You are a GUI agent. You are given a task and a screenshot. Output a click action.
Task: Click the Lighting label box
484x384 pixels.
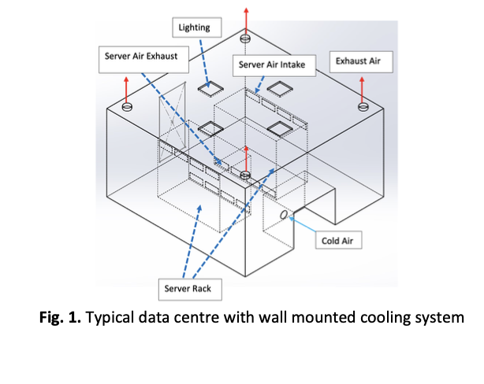(x=194, y=28)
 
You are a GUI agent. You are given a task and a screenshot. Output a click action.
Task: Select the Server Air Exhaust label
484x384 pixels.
(x=141, y=57)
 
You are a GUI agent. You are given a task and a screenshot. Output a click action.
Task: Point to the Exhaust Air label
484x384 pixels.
(x=359, y=60)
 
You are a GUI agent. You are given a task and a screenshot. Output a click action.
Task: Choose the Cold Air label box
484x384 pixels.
(x=340, y=241)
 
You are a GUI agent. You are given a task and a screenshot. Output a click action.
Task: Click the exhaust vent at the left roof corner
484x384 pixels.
(x=128, y=106)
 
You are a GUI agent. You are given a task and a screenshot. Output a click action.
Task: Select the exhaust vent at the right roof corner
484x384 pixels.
(x=362, y=107)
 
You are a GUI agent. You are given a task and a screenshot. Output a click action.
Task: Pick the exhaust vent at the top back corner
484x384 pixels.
(x=246, y=38)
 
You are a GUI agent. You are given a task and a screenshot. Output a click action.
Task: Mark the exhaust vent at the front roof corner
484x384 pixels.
(x=246, y=174)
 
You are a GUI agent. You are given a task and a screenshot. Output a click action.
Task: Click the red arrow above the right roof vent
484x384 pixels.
(x=362, y=87)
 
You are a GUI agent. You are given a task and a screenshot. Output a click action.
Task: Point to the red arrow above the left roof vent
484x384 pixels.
(x=128, y=87)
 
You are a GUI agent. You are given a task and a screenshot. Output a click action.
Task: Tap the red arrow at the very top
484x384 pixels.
(x=246, y=17)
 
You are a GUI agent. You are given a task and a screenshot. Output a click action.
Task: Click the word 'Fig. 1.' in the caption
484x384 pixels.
(x=63, y=319)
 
